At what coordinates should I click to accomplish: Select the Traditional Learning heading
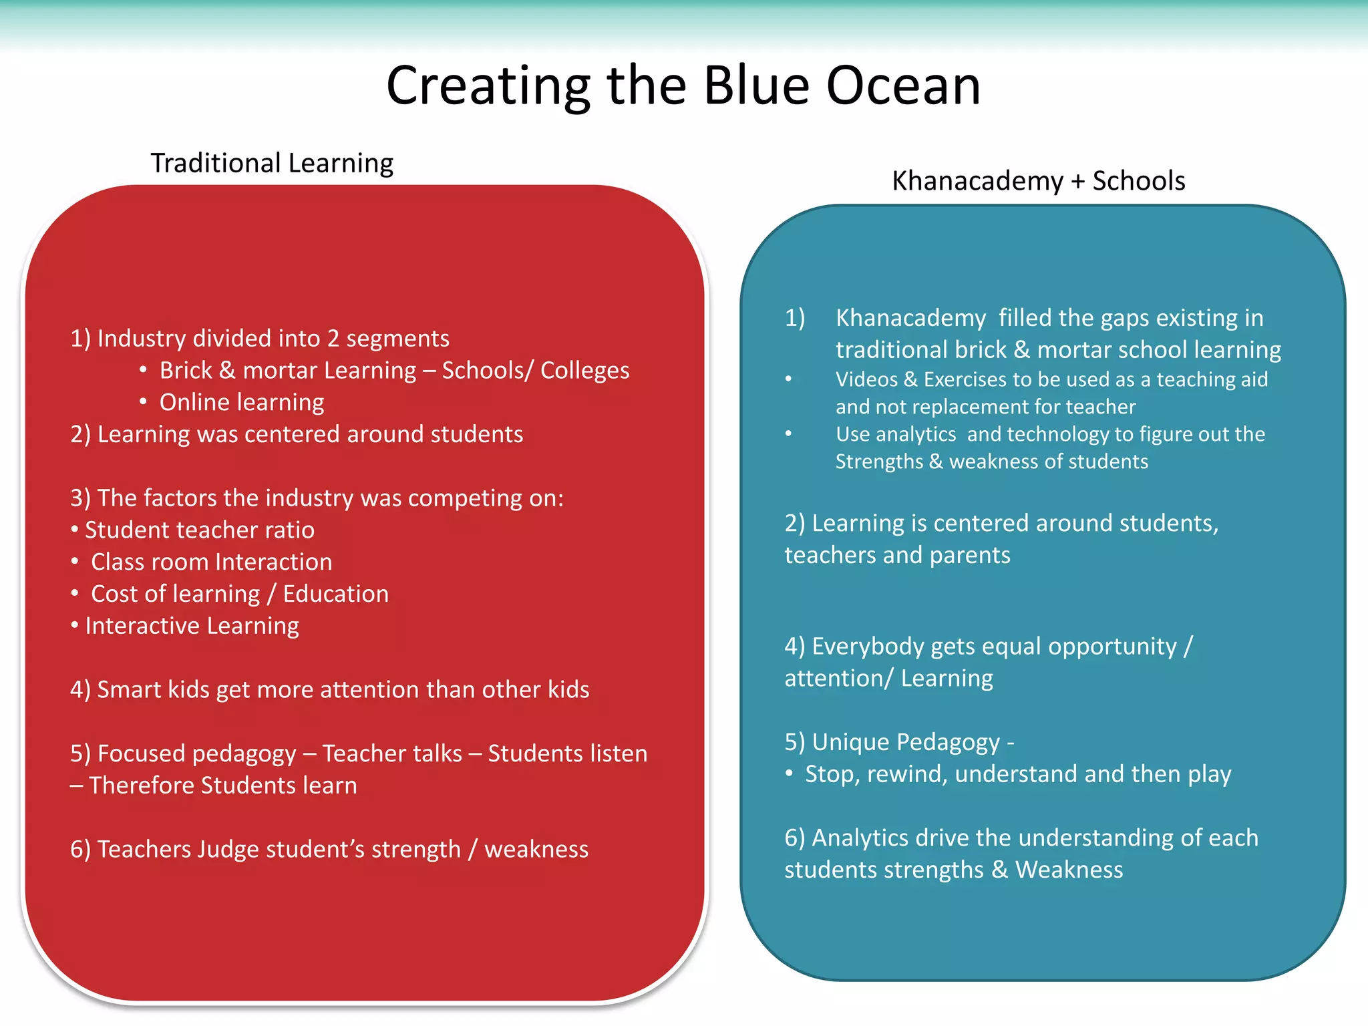(272, 163)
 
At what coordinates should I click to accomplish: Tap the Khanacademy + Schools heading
(1038, 181)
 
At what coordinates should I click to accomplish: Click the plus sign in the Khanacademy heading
(1077, 182)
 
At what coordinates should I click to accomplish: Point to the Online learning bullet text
(241, 402)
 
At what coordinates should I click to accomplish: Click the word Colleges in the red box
(584, 370)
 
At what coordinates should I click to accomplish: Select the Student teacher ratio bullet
(199, 530)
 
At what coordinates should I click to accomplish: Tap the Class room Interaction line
(211, 562)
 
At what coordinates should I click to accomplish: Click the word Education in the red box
(335, 594)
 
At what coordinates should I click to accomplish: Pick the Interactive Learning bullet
(192, 626)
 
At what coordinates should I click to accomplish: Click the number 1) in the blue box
(795, 318)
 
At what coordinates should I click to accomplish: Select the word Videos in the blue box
(866, 379)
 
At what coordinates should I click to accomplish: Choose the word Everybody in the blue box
(868, 647)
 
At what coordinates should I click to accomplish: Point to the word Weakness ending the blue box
(1069, 870)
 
